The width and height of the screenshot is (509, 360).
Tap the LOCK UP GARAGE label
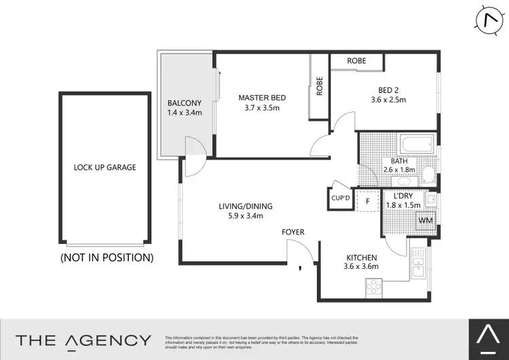pos(105,167)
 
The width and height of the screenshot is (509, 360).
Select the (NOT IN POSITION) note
pos(107,257)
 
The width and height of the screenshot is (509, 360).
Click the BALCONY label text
pos(185,103)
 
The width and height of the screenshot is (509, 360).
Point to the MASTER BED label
pos(259,98)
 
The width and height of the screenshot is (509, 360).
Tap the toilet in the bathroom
pos(428,175)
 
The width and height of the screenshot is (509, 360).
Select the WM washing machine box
pos(426,221)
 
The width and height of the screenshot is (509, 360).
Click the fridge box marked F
pos(368,201)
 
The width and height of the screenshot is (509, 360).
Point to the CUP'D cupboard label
pos(340,198)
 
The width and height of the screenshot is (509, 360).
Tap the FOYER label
pos(293,232)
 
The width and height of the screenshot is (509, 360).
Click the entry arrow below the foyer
pos(299,269)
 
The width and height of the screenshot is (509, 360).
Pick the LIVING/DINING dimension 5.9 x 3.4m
pos(240,216)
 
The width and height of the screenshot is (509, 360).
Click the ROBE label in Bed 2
pos(356,61)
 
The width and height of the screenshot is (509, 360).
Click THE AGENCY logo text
pos(83,340)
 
